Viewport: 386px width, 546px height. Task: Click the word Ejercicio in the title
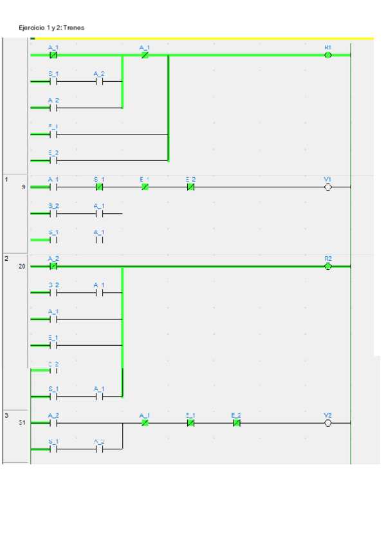click(x=32, y=28)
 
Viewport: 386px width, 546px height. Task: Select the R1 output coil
click(x=328, y=55)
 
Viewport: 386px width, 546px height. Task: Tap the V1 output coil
click(x=328, y=187)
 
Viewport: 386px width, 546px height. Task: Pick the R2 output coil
click(x=328, y=266)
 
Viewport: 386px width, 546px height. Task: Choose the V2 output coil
click(x=328, y=424)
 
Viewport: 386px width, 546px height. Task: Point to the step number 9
click(x=24, y=187)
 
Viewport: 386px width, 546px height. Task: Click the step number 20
click(x=23, y=265)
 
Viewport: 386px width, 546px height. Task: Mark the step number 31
click(x=23, y=423)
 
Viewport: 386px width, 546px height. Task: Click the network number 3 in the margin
click(x=6, y=415)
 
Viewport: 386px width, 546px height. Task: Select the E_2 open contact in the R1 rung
click(x=53, y=161)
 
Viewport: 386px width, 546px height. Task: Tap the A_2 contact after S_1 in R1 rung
click(x=99, y=82)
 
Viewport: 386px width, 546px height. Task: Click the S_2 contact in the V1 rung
click(x=53, y=213)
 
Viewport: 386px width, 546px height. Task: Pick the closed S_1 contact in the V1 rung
click(x=99, y=187)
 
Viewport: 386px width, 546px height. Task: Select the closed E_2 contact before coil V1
click(x=190, y=187)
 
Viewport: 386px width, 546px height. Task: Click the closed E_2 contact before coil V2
click(x=236, y=424)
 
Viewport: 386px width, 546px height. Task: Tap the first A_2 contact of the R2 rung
click(x=53, y=266)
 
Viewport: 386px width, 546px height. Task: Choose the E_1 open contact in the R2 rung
click(x=53, y=345)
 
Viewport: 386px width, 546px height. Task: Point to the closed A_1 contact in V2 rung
click(x=145, y=424)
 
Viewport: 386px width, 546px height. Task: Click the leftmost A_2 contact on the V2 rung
click(x=53, y=424)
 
